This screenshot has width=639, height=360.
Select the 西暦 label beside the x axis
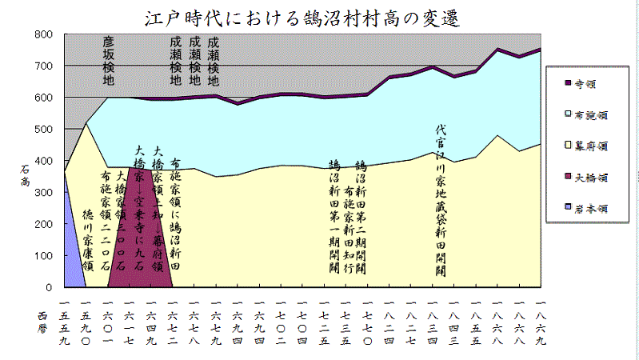pos(43,323)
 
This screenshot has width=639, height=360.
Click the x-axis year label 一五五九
pos(65,320)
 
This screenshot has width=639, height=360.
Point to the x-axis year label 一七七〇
pos(367,320)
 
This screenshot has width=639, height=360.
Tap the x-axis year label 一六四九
pos(151,320)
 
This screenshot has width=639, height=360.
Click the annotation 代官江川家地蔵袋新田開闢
pos(440,200)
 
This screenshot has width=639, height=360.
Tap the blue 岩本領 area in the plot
pos(72,240)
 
